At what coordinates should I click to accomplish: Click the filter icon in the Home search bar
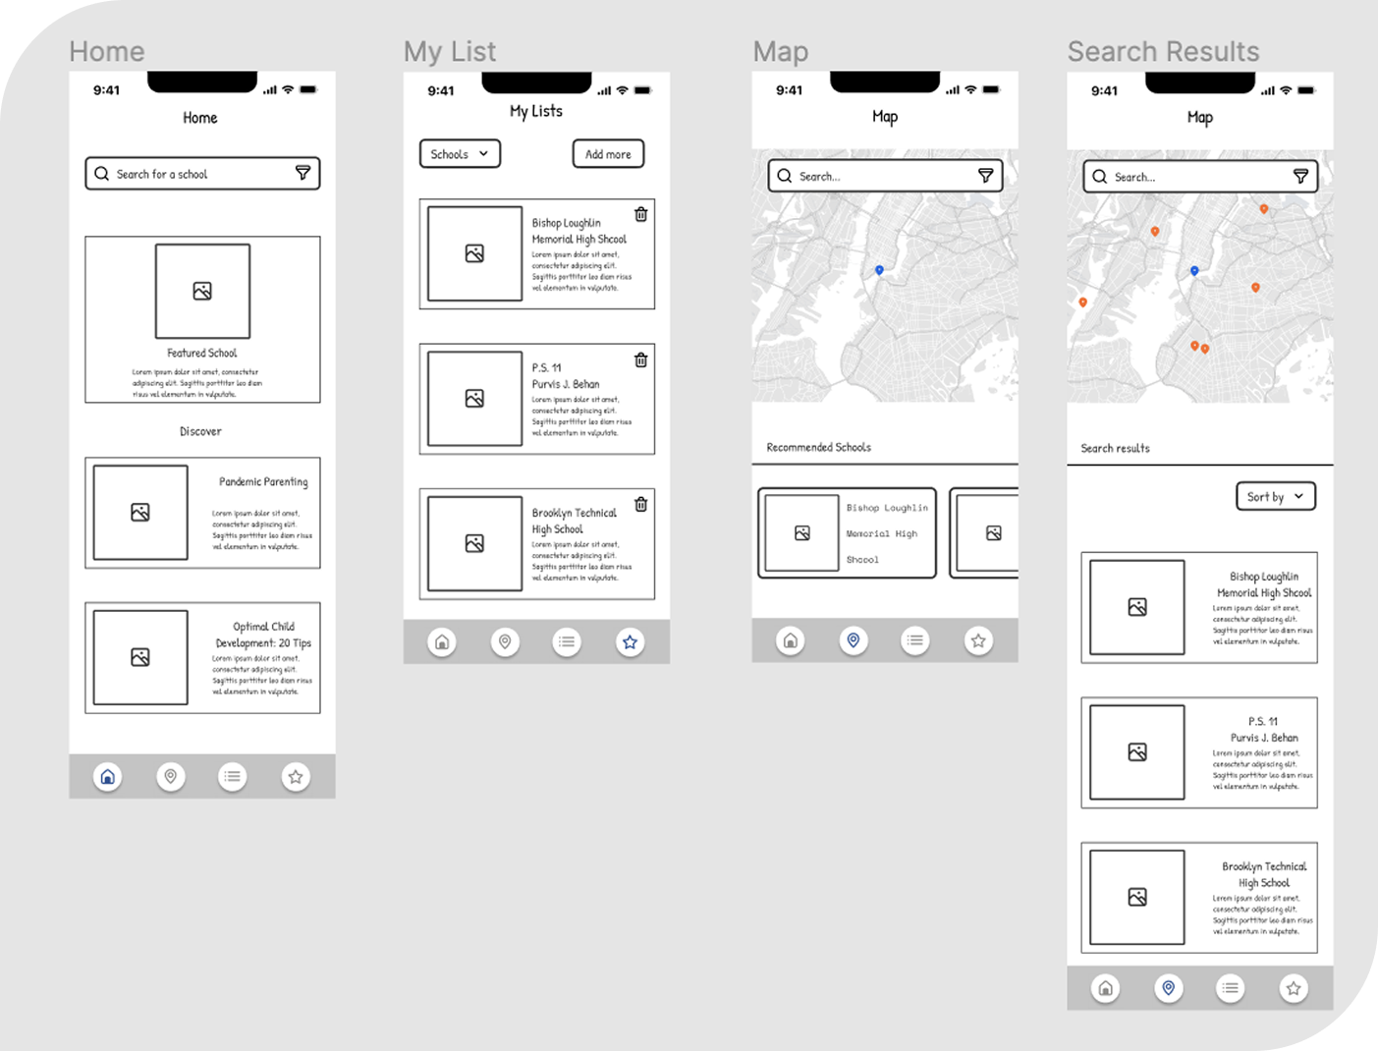point(303,173)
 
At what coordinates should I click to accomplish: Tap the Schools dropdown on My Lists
point(460,154)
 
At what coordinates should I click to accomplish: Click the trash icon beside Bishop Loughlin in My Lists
point(640,214)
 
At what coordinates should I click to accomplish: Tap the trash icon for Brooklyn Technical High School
point(640,504)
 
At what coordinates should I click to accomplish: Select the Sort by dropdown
point(1275,497)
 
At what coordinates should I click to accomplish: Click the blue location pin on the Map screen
point(879,269)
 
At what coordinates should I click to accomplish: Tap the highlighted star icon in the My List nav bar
point(630,642)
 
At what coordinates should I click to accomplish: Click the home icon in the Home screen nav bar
point(108,777)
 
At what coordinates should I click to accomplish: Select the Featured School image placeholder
point(202,291)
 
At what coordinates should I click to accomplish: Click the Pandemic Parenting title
point(263,481)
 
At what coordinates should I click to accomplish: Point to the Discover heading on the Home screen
point(200,431)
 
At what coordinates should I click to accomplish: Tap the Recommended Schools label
point(818,447)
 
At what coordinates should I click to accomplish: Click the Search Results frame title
point(1163,51)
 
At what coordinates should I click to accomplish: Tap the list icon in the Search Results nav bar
point(1230,988)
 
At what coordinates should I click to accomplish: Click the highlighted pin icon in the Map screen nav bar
point(853,640)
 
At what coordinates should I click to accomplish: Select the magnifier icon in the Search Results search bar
point(1099,177)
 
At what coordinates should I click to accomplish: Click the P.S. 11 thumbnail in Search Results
point(1137,752)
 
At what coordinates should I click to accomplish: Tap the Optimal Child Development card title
point(263,635)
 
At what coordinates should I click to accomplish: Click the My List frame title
point(450,51)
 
